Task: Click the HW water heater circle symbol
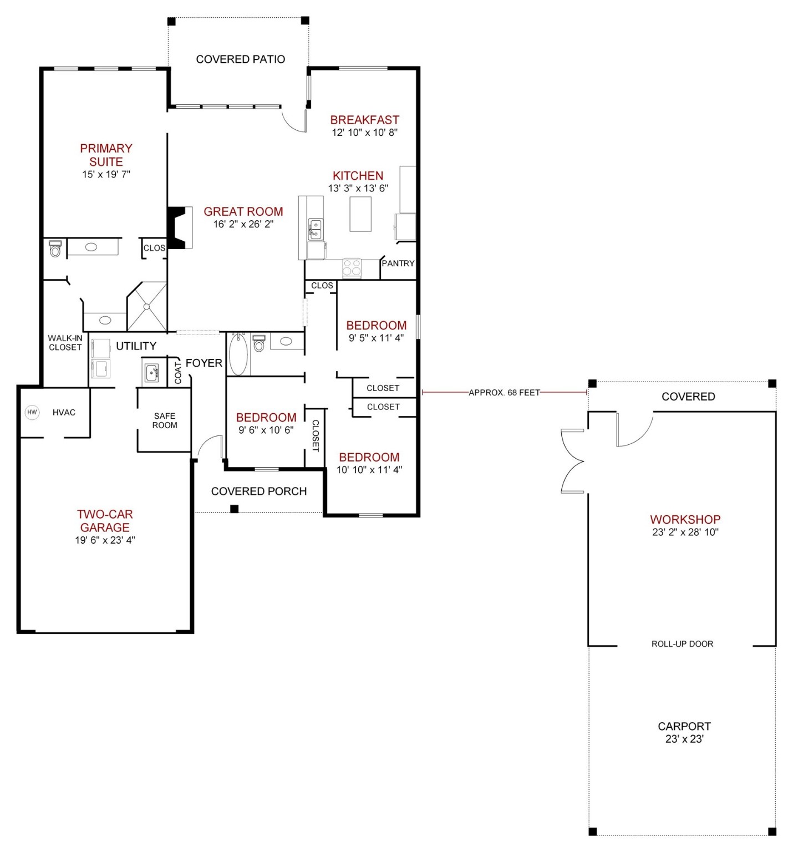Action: click(x=32, y=412)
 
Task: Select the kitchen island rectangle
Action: click(x=360, y=214)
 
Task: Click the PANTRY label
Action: click(x=398, y=263)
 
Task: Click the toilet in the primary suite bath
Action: click(x=55, y=249)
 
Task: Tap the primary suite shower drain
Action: click(x=147, y=306)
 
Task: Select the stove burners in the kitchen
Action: click(x=352, y=268)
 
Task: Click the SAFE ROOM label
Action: click(x=165, y=420)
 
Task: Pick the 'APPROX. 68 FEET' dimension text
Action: click(x=504, y=393)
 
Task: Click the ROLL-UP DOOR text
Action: click(x=682, y=644)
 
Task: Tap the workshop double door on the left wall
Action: click(x=573, y=461)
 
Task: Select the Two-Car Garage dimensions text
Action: click(x=105, y=540)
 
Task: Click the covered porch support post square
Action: click(x=235, y=509)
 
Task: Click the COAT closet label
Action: click(x=178, y=372)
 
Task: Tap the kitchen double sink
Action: click(x=315, y=229)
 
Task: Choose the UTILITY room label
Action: click(x=136, y=346)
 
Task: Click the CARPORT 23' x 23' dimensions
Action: click(x=684, y=739)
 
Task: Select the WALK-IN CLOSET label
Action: click(x=65, y=343)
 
